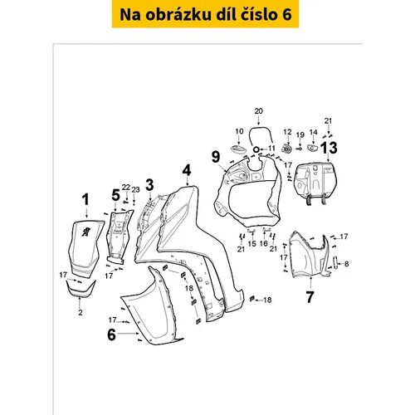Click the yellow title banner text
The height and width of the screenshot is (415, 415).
[206, 15]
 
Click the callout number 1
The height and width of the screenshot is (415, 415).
[86, 200]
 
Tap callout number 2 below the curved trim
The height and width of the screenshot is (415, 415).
[81, 313]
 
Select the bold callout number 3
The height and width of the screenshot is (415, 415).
[149, 185]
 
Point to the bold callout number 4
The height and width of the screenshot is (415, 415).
[187, 170]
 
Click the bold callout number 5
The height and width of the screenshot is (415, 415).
[115, 195]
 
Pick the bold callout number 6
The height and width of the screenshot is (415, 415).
[111, 334]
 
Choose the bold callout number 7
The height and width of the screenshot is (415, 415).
[310, 297]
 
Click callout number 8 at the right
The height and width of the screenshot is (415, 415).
[347, 264]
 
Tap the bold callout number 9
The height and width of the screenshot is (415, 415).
[216, 157]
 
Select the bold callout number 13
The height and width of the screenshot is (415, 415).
[329, 148]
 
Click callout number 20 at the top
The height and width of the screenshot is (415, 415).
[259, 111]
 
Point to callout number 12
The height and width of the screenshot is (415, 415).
[288, 132]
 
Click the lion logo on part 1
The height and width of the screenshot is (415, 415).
[86, 232]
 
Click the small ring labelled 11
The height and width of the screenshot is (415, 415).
[256, 149]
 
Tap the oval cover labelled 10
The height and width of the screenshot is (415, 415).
[238, 148]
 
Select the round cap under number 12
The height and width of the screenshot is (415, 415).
[287, 149]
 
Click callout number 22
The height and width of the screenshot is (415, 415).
[126, 188]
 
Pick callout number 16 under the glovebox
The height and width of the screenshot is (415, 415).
[264, 243]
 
